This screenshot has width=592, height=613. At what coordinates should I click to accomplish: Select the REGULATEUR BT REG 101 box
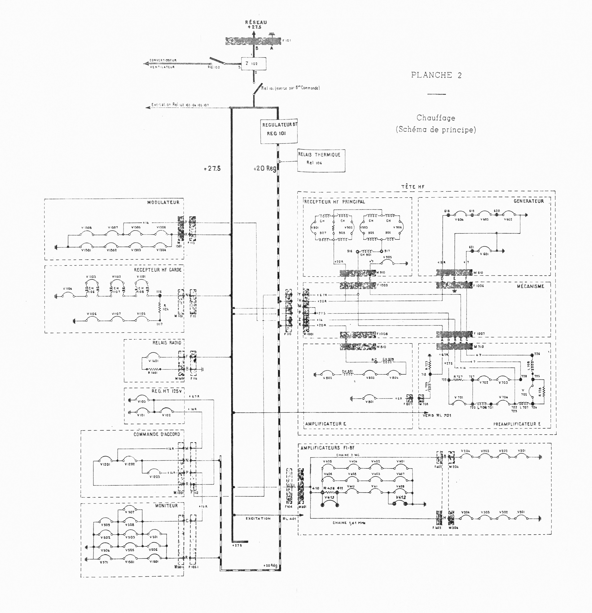pos(279,131)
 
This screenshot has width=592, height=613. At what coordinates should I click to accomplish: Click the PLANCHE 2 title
pos(436,75)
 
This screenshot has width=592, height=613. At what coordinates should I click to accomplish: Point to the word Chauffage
pos(436,118)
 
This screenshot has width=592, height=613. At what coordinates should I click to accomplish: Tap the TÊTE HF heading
pos(413,187)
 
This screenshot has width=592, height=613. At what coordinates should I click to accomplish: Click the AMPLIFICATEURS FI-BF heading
pos(328,448)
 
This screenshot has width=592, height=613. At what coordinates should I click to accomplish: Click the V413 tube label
pos(329,497)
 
